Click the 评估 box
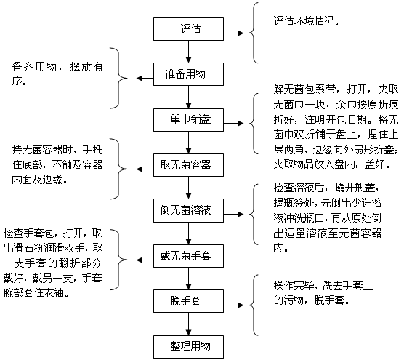coord(188,29)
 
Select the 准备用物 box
coord(188,74)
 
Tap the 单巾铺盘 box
coord(188,120)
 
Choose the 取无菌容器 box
coord(188,165)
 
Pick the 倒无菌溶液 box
coord(188,210)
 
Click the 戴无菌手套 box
coord(188,256)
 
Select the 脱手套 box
coord(188,301)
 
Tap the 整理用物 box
coord(188,347)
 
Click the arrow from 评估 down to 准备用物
coord(188,52)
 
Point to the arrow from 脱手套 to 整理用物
coord(188,324)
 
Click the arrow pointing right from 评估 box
coord(233,33)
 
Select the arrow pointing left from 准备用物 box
coord(145,78)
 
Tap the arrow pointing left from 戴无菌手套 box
coord(145,260)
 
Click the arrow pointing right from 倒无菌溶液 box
coord(233,214)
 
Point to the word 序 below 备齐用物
coord(17,81)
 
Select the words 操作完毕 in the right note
coord(294,286)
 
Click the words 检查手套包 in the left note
coord(28,233)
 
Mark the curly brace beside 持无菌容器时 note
coord(119,169)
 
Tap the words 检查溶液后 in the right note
coord(299,188)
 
